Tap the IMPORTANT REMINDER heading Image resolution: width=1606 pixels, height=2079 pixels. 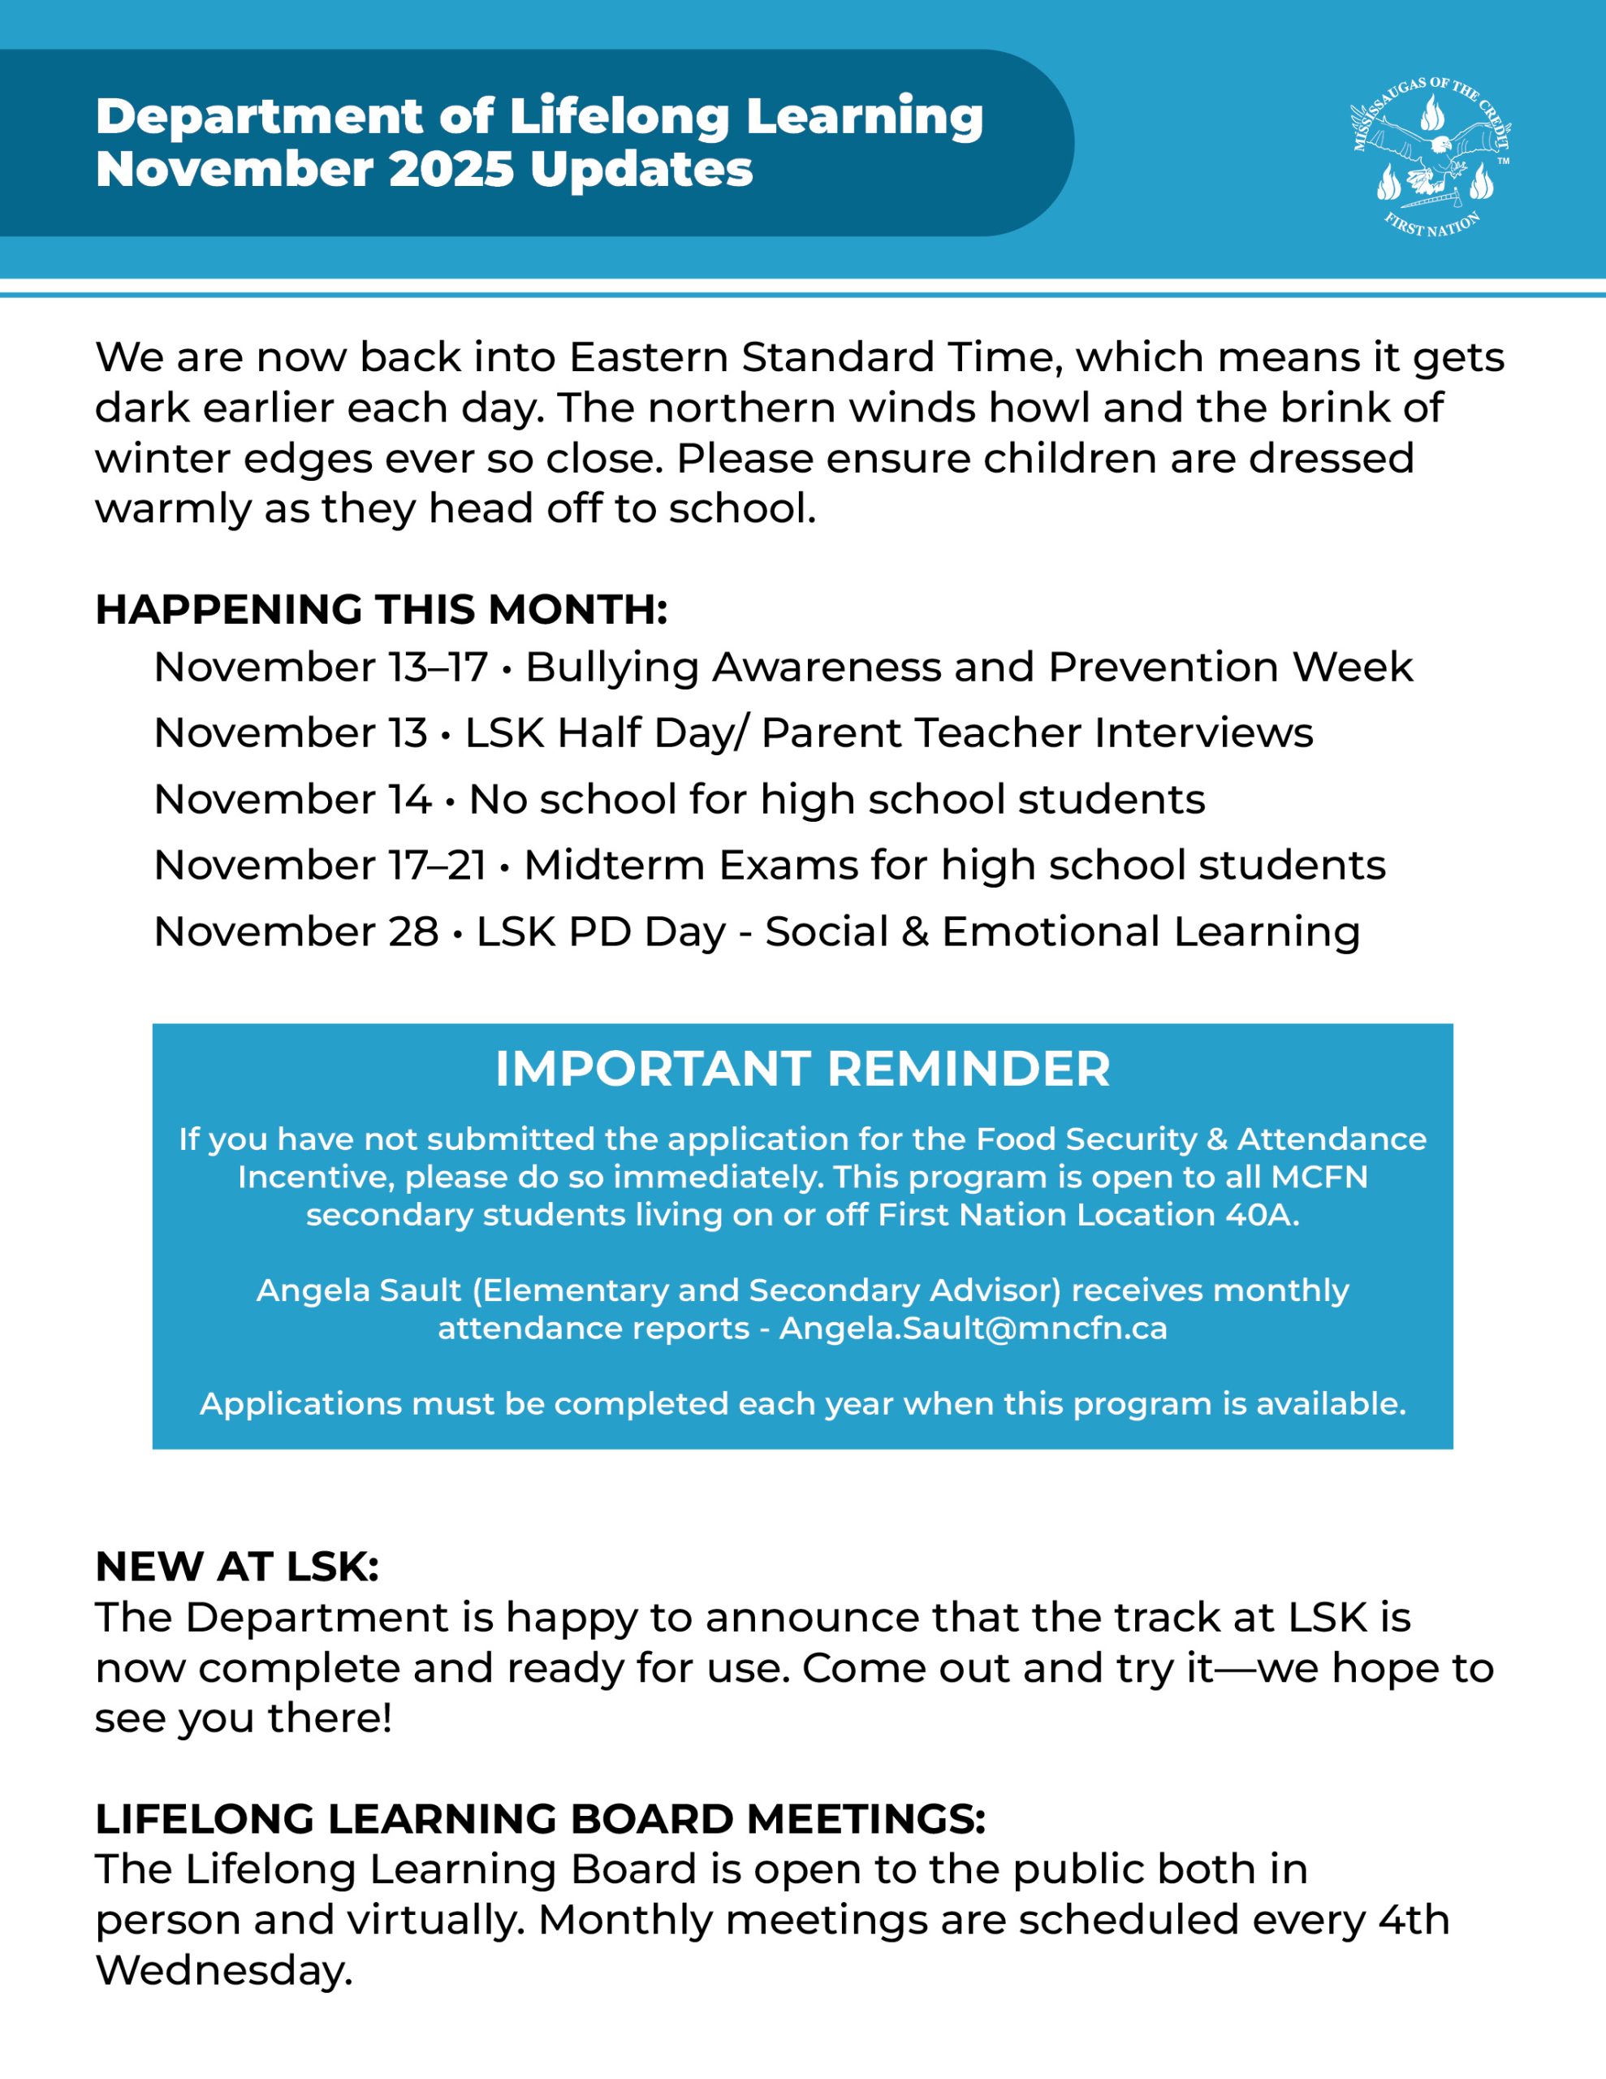pyautogui.click(x=802, y=1068)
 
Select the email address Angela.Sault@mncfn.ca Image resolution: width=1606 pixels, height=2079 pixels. pyautogui.click(x=973, y=1328)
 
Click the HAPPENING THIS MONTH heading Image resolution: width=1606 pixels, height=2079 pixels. pyautogui.click(x=381, y=609)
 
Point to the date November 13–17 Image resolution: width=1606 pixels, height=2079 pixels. pyautogui.click(x=320, y=668)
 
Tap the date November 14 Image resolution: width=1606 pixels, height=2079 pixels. pyautogui.click(x=292, y=800)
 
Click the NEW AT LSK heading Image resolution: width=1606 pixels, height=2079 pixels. pyautogui.click(x=237, y=1567)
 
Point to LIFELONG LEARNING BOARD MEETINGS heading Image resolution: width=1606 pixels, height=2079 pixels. pyautogui.click(x=540, y=1819)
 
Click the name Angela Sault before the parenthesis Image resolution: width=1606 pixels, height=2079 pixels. pyautogui.click(x=359, y=1290)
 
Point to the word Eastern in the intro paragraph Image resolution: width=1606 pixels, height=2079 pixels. pyautogui.click(x=648, y=358)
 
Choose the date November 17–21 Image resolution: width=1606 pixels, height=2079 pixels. pyautogui.click(x=320, y=865)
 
